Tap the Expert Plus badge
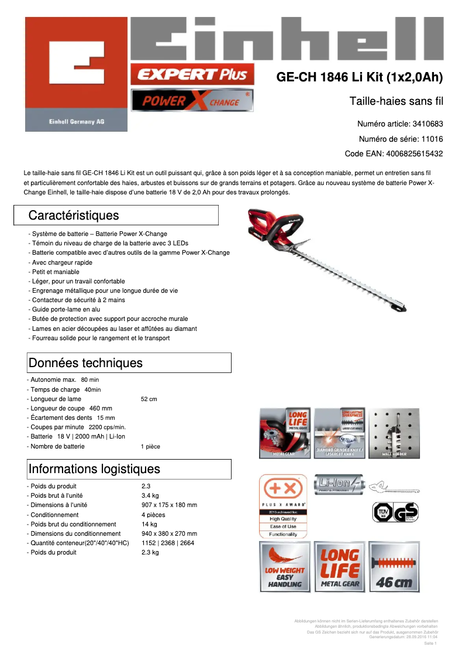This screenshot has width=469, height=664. coord(192,74)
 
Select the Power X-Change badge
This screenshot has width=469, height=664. coord(192,101)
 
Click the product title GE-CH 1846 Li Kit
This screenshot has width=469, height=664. coord(359,77)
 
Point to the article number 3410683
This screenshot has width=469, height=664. coord(427,124)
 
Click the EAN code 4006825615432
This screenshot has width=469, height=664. coord(413,154)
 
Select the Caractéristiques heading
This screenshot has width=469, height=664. coord(74,215)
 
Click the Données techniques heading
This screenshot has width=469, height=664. coord(85,363)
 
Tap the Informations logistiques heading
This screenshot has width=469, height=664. coord(94,469)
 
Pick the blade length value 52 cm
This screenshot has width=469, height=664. coord(149,399)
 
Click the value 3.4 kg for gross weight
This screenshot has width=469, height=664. coord(150,495)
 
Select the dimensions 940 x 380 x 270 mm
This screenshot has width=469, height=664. coord(169,533)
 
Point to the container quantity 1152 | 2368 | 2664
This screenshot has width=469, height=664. coord(168,543)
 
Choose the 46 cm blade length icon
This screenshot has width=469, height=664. coord(394,567)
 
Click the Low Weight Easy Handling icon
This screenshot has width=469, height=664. coord(285,567)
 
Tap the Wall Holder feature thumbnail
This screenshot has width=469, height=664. coord(394,433)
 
